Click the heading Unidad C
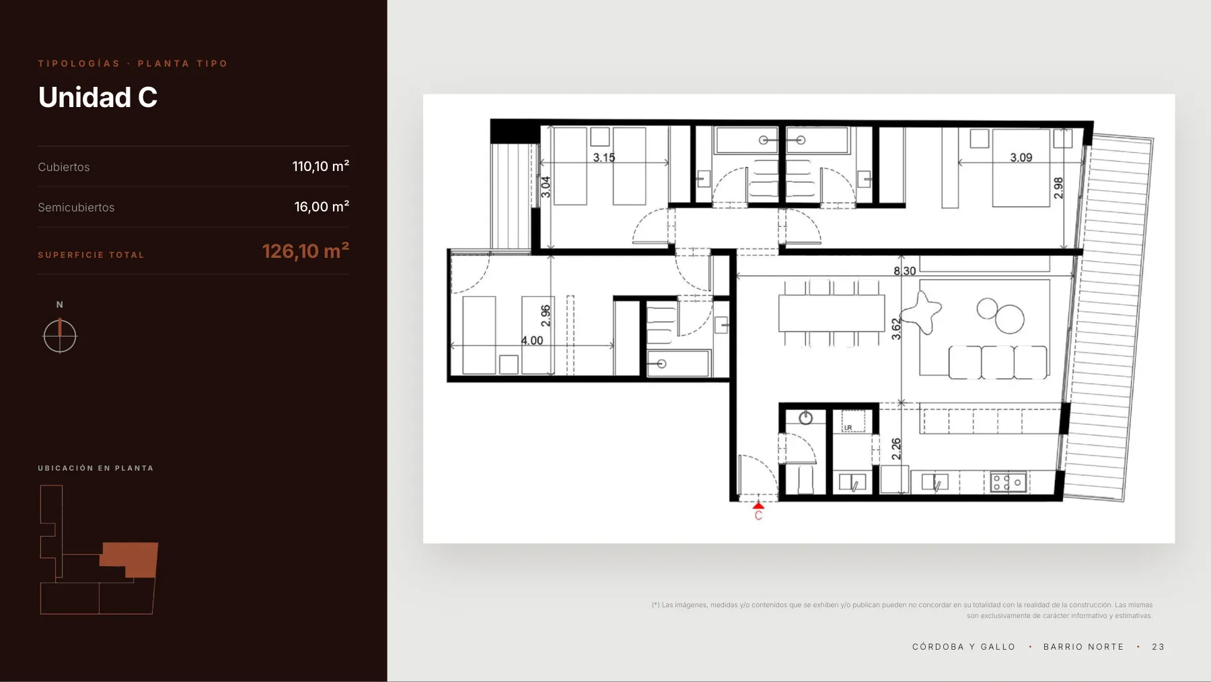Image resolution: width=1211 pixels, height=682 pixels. (98, 98)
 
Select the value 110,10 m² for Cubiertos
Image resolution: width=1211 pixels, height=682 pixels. (320, 166)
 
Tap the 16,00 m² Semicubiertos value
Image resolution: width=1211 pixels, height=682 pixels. (322, 207)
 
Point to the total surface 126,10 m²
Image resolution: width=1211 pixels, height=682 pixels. (305, 251)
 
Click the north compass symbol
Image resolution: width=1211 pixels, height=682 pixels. (60, 336)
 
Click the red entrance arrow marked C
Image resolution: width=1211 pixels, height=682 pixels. (758, 505)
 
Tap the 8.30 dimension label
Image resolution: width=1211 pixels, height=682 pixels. (905, 271)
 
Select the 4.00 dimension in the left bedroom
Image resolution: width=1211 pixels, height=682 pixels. (532, 341)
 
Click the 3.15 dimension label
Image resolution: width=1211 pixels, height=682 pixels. (604, 158)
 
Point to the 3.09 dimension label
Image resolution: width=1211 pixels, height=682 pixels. (1021, 158)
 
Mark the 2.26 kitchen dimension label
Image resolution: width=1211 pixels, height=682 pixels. (896, 449)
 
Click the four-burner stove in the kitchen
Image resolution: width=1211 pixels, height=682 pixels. (1008, 482)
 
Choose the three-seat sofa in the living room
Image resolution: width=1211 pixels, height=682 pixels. (998, 363)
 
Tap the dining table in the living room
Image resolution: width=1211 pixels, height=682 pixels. (832, 313)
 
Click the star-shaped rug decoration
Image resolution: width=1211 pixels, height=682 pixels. (922, 312)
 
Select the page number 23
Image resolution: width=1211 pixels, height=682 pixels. (1158, 647)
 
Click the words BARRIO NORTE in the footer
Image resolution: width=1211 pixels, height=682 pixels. (1083, 647)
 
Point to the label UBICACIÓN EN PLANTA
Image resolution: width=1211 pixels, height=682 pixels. (96, 468)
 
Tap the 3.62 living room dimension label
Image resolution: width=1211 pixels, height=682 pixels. (896, 329)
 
